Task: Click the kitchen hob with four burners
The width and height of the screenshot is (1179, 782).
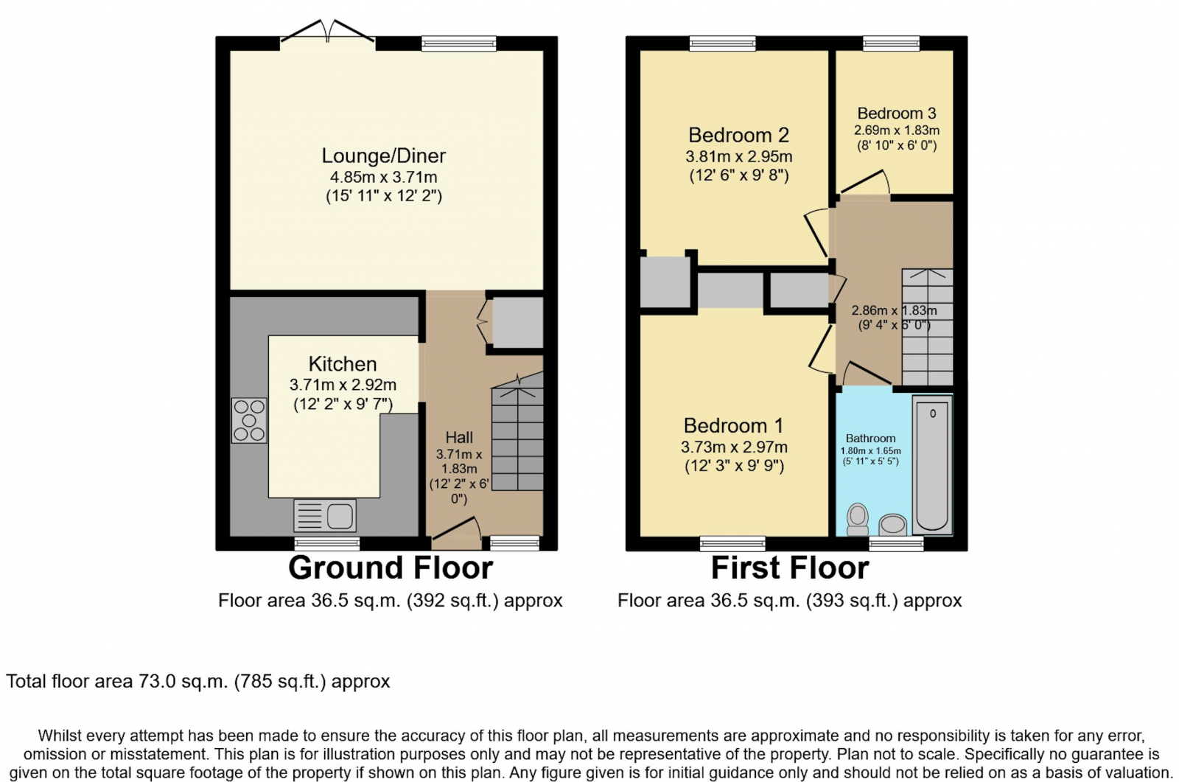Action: tap(249, 421)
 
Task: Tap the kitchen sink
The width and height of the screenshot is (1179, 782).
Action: tap(325, 516)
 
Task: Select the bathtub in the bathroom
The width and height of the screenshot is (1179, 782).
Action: tap(932, 464)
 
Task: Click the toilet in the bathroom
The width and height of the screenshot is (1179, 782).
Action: tap(858, 518)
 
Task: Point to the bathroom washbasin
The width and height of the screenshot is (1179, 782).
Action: tap(892, 524)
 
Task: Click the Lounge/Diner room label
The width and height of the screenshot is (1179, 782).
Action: tap(383, 156)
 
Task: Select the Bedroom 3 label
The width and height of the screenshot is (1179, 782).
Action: tap(896, 114)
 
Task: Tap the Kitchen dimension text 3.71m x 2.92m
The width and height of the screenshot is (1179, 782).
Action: tap(343, 385)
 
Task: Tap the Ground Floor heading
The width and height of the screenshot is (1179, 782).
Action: tap(390, 568)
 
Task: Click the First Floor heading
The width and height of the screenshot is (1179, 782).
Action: tap(789, 568)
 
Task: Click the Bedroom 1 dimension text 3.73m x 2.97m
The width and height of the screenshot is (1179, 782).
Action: tap(734, 447)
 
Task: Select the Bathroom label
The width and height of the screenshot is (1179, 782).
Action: tap(870, 439)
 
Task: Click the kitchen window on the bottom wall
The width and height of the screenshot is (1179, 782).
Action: tap(327, 544)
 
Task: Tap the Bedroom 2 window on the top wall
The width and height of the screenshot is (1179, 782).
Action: tap(722, 43)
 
